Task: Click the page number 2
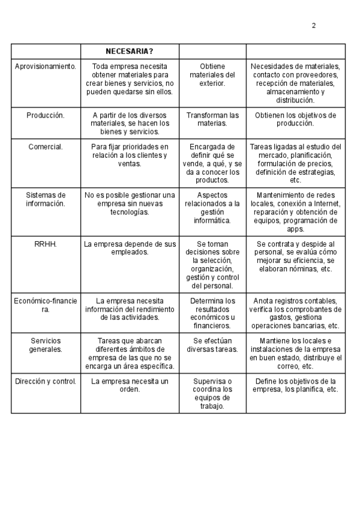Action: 314,25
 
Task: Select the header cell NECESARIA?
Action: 130,51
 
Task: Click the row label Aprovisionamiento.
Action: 46,67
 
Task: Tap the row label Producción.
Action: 46,115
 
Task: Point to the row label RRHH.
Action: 46,244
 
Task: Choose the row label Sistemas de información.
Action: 46,199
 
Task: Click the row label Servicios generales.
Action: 46,345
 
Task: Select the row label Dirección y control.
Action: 46,381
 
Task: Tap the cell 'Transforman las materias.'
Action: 212,119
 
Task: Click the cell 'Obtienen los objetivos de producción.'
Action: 296,119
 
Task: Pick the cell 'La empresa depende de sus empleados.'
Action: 130,248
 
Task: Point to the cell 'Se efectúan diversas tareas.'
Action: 212,345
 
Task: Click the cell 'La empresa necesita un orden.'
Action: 130,385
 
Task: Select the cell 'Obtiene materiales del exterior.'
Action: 212,75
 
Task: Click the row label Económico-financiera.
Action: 46,305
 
